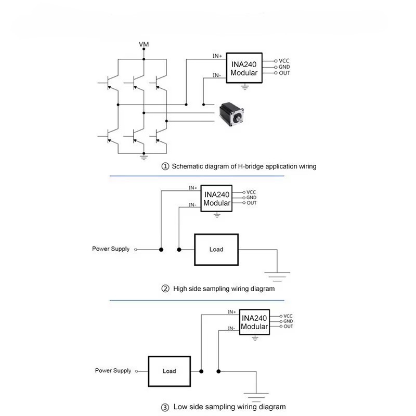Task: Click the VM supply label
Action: (x=144, y=45)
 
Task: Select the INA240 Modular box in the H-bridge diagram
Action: (x=244, y=69)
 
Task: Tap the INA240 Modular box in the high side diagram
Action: (x=217, y=199)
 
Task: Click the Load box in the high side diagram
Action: (x=216, y=250)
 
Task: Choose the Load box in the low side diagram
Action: (x=170, y=371)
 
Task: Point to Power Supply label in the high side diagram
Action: (x=111, y=249)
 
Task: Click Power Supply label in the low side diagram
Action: (x=113, y=371)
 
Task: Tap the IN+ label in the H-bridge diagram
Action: (x=218, y=56)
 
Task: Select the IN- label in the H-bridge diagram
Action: (x=218, y=75)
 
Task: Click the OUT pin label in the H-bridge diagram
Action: (x=284, y=73)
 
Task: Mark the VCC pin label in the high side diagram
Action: (x=252, y=192)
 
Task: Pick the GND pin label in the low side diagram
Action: (x=288, y=321)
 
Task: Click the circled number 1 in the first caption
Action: (x=165, y=167)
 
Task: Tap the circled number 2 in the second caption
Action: (x=165, y=289)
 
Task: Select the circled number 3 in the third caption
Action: (x=165, y=407)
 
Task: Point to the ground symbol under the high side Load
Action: (x=277, y=272)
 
